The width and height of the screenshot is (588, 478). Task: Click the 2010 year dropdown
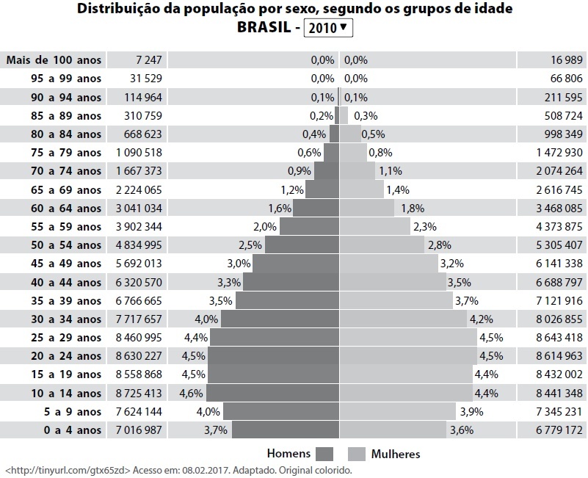click(x=328, y=28)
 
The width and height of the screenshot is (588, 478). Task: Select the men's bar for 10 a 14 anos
click(x=272, y=393)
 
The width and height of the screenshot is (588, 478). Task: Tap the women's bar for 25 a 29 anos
click(x=408, y=337)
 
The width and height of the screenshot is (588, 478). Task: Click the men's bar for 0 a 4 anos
click(x=286, y=430)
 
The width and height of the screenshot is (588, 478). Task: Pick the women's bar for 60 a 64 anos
click(x=367, y=208)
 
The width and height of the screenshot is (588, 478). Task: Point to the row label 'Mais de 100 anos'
click(x=54, y=60)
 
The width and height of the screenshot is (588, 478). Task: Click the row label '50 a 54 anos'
click(x=66, y=245)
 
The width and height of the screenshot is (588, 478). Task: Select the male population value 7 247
click(x=149, y=60)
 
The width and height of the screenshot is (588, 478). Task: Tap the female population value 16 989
click(x=567, y=60)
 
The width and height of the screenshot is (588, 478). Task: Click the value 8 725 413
click(x=139, y=394)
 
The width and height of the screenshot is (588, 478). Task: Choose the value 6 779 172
click(x=559, y=430)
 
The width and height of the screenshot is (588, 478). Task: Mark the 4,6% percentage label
click(x=192, y=394)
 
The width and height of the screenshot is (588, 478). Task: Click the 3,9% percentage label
click(x=472, y=412)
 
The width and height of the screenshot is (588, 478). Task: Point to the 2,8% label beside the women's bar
click(x=440, y=245)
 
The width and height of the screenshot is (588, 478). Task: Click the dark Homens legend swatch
click(x=324, y=454)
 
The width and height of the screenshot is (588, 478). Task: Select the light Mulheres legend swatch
click(x=357, y=454)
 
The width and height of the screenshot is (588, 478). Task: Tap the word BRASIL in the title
click(x=264, y=27)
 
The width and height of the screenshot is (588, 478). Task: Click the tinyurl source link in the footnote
click(x=68, y=470)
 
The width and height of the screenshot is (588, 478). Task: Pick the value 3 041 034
click(x=139, y=209)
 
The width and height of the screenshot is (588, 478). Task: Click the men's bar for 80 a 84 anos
click(x=335, y=134)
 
